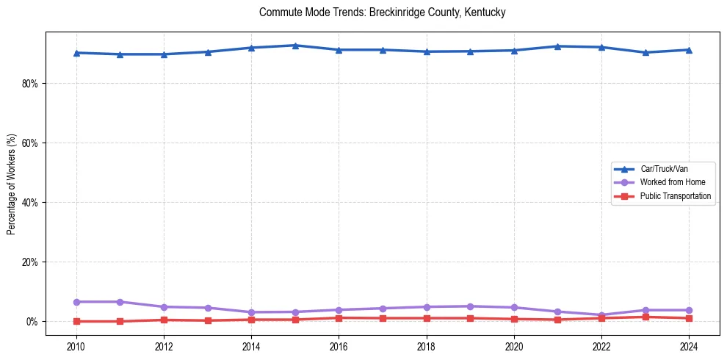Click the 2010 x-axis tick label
click(76, 345)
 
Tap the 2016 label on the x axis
click(339, 345)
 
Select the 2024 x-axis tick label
click(689, 345)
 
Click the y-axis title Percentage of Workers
click(12, 184)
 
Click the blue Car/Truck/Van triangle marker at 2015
click(295, 46)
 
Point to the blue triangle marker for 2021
click(558, 46)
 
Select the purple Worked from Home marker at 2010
click(76, 302)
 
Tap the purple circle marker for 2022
click(601, 315)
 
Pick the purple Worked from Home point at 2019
click(470, 306)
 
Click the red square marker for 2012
click(164, 320)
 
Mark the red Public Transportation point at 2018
click(427, 318)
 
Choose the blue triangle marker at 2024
click(689, 50)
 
